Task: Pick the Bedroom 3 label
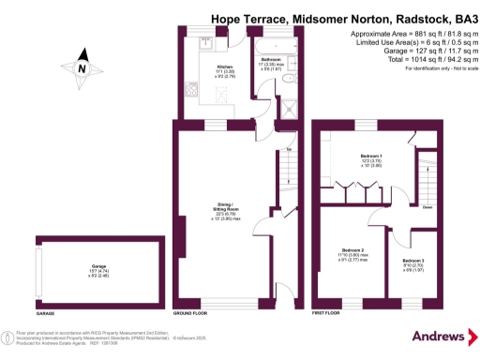point(413,262)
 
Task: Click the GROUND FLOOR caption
point(190,312)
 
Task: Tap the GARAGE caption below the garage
point(45,312)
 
